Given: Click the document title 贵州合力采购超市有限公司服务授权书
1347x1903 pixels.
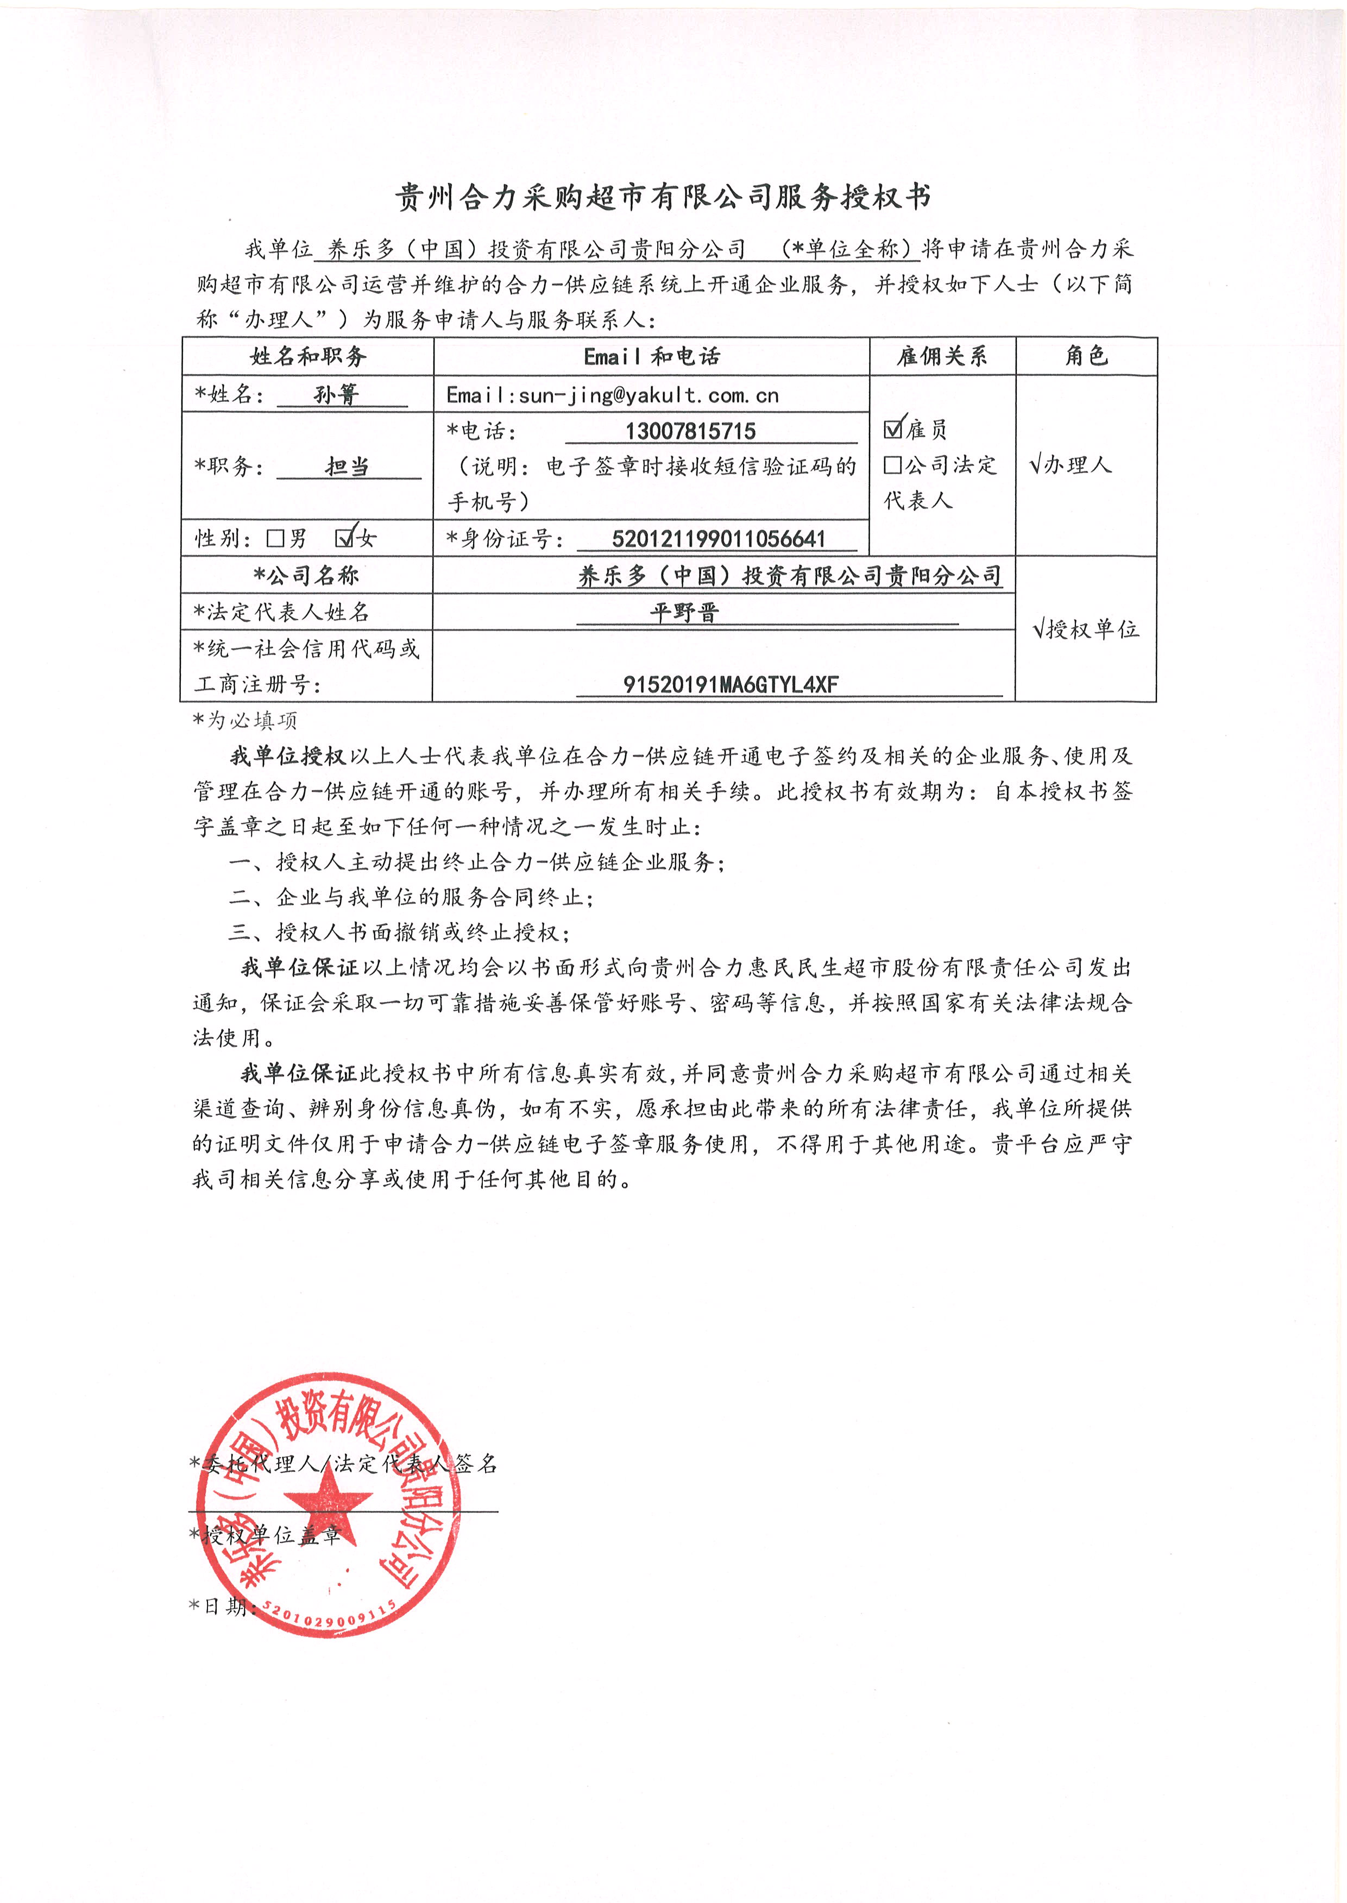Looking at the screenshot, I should click(x=663, y=197).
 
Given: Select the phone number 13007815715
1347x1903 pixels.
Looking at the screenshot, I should click(x=690, y=431).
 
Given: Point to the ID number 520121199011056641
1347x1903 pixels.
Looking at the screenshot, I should click(x=718, y=539).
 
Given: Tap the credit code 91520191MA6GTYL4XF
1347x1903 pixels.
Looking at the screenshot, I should click(x=731, y=684).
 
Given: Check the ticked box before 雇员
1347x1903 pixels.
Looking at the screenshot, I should click(x=893, y=429).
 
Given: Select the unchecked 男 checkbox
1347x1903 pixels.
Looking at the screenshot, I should click(x=275, y=539).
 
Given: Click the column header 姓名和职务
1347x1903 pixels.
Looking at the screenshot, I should click(x=308, y=357).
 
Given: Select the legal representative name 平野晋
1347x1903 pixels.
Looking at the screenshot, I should click(x=684, y=613).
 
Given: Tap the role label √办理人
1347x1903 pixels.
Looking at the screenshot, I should click(x=1070, y=464).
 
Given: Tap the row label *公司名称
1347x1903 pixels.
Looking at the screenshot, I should click(x=306, y=576).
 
